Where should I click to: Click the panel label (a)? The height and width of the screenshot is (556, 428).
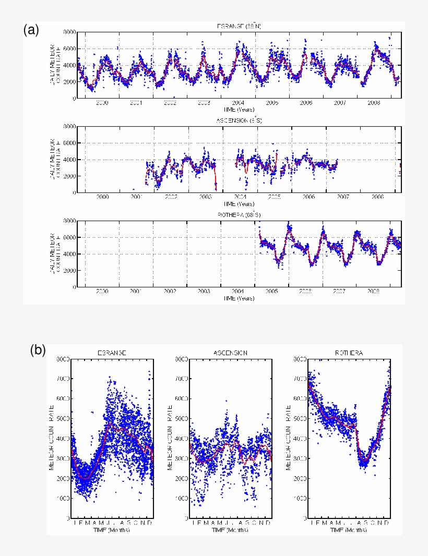31,30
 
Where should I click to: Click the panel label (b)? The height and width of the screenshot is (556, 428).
38,349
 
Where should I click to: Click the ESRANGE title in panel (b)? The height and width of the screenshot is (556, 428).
112,353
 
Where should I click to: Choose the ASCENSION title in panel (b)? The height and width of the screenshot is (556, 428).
230,353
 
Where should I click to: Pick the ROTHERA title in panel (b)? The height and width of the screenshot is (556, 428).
349,353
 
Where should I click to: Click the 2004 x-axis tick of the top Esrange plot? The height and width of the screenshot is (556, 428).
238,103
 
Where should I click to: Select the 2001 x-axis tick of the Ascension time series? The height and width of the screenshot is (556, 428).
136,198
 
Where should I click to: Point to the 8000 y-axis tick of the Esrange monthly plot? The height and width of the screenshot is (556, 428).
64,359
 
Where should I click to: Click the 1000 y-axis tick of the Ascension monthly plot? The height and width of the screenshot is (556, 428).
182,499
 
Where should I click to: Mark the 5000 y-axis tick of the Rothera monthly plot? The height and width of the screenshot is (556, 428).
300,419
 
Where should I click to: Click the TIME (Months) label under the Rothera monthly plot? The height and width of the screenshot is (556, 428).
349,530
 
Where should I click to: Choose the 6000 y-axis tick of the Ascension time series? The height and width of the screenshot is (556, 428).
69,143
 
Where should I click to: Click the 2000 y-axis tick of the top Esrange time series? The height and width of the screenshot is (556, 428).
69,82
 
